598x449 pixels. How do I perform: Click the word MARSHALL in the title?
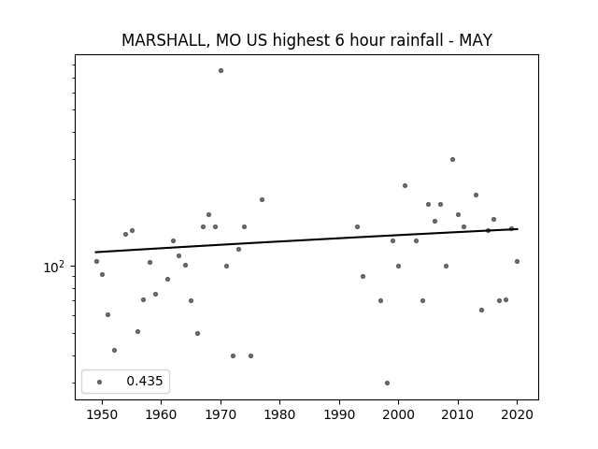[165, 40]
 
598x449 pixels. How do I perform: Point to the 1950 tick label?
[102, 414]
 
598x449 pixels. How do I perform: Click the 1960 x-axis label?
[162, 414]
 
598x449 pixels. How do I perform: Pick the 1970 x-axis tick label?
[221, 414]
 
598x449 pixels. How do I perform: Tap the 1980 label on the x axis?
[280, 414]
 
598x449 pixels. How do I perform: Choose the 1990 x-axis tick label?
[339, 414]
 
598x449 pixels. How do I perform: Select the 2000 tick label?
[399, 414]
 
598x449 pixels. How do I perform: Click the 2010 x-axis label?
[458, 414]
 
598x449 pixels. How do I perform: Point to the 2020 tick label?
[517, 414]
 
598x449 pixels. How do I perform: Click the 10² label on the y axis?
[53, 267]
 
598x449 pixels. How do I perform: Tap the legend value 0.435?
[145, 381]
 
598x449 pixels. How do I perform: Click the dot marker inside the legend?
[100, 382]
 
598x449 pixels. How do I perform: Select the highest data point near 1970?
[221, 71]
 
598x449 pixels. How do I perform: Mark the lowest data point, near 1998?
[387, 383]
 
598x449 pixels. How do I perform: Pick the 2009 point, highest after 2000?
[452, 160]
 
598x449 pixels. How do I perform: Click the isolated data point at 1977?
[262, 199]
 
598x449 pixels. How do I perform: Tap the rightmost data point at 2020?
[517, 262]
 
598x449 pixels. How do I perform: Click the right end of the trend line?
[518, 229]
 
